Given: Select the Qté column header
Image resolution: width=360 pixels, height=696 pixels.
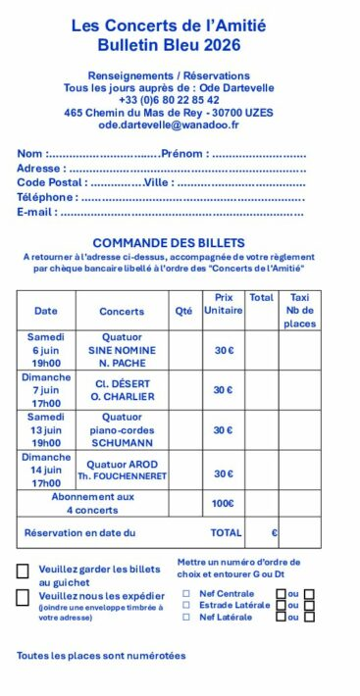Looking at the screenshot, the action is (x=183, y=311).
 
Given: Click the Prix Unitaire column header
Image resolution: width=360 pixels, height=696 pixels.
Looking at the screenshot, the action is (x=224, y=304).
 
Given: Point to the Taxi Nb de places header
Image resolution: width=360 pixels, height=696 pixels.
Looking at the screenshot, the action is (x=299, y=310).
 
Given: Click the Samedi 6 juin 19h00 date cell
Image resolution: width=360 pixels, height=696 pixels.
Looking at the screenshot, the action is (x=46, y=350).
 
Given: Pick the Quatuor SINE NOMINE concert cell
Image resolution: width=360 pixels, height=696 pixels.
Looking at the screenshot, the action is (x=123, y=350).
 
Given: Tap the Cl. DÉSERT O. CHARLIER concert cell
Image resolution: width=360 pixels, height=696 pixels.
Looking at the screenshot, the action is (x=123, y=390).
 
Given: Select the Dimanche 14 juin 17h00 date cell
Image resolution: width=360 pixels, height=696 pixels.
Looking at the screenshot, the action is (x=46, y=470).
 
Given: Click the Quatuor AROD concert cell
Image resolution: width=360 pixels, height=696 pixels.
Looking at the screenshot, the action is (x=123, y=470).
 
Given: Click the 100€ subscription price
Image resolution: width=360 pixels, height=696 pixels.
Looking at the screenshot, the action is (x=224, y=504).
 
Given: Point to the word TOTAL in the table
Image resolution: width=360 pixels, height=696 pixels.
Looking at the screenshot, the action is (x=226, y=533).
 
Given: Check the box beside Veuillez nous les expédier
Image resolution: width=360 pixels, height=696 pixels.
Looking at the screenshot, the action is (x=23, y=598).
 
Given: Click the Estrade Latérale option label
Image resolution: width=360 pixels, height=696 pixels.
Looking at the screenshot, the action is (x=234, y=606).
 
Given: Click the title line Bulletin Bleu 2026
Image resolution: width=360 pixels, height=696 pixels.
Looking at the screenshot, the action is (x=169, y=45).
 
